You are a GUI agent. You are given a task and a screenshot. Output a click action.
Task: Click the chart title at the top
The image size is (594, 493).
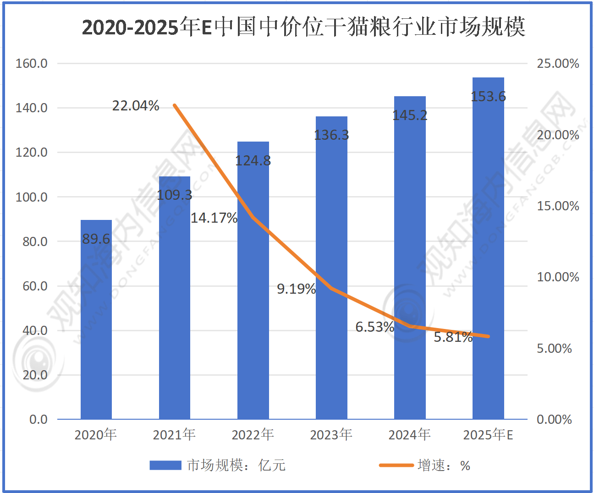tap(303, 27)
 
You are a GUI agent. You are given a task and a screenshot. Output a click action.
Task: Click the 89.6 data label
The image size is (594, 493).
tap(96, 239)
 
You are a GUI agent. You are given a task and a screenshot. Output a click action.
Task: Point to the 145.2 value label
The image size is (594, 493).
tap(410, 115)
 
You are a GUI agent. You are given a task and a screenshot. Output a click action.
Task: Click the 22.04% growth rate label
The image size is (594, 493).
tap(136, 106)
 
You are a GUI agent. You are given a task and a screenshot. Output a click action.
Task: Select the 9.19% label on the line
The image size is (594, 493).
tap(296, 289)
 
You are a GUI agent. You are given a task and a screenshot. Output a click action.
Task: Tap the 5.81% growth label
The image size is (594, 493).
tap(453, 337)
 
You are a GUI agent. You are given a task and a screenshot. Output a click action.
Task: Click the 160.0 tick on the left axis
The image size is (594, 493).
tap(32, 63)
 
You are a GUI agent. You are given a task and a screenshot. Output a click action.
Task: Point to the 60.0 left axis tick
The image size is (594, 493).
tap(35, 286)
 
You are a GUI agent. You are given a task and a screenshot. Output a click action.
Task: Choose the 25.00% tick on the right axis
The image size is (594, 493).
tap(558, 63)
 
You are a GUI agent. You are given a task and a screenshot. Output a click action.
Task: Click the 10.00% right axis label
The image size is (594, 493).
tap(558, 277)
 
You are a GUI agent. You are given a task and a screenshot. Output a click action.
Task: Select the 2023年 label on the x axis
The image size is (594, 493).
tap(331, 434)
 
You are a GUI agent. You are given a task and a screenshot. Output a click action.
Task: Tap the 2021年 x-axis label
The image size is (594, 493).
tap(174, 434)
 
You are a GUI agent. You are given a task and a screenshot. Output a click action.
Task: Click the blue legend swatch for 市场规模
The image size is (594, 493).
tap(165, 466)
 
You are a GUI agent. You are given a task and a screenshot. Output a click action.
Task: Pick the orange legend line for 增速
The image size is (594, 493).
tap(396, 466)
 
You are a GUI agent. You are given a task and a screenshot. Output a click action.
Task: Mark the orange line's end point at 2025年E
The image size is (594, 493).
tap(489, 336)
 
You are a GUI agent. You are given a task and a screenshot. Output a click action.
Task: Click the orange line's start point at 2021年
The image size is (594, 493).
tap(175, 105)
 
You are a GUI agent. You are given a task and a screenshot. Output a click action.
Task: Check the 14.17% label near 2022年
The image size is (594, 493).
tap(214, 218)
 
